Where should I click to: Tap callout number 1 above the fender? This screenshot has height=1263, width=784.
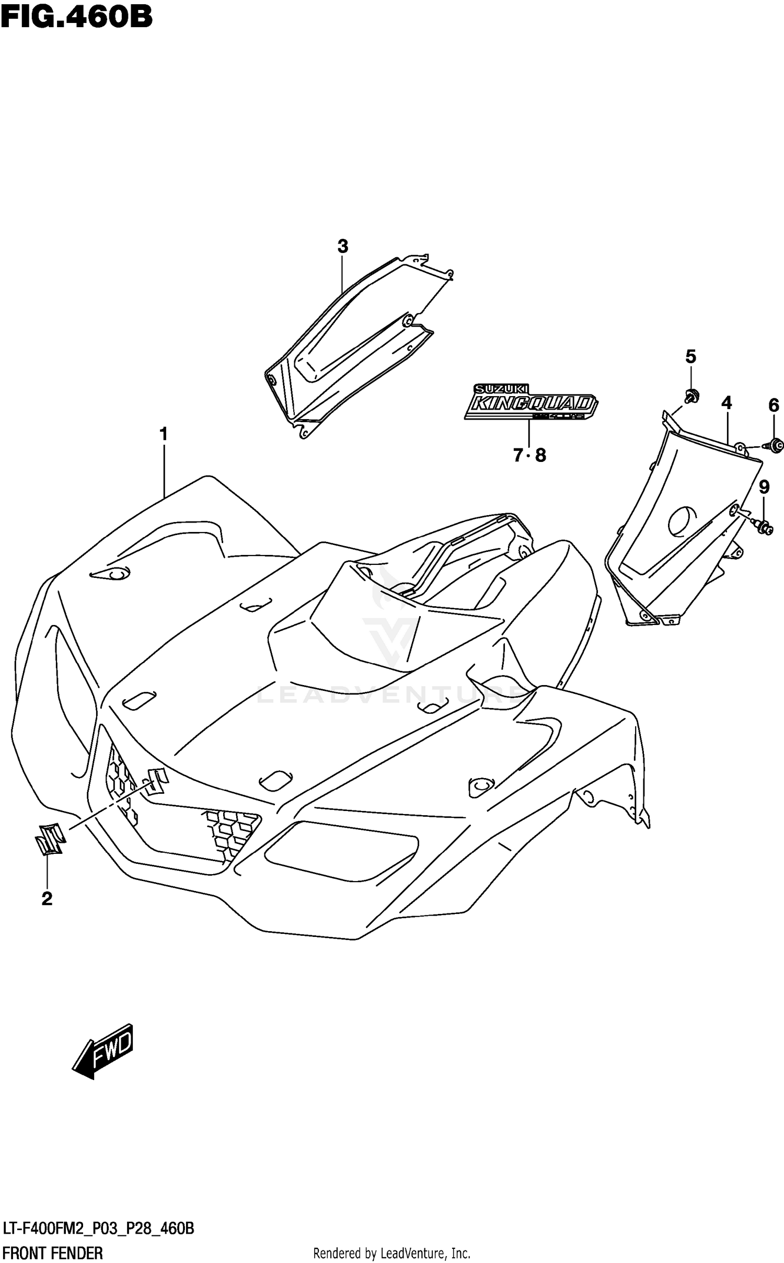tap(164, 434)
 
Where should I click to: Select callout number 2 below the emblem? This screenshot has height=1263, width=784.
tap(47, 899)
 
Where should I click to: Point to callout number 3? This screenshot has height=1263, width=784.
tap(342, 246)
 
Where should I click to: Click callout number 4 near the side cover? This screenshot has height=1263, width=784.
tap(727, 402)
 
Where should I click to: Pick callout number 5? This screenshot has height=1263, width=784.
tap(691, 357)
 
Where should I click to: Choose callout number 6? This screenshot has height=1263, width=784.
tap(774, 405)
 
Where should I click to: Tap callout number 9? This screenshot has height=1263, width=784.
tap(764, 488)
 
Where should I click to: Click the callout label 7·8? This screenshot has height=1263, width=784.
tap(529, 456)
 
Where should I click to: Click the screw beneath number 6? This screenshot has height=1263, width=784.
tap(775, 445)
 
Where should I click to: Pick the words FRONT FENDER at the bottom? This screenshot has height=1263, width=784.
tap(52, 1249)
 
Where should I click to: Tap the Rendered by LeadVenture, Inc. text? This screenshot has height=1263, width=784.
tap(391, 1249)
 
